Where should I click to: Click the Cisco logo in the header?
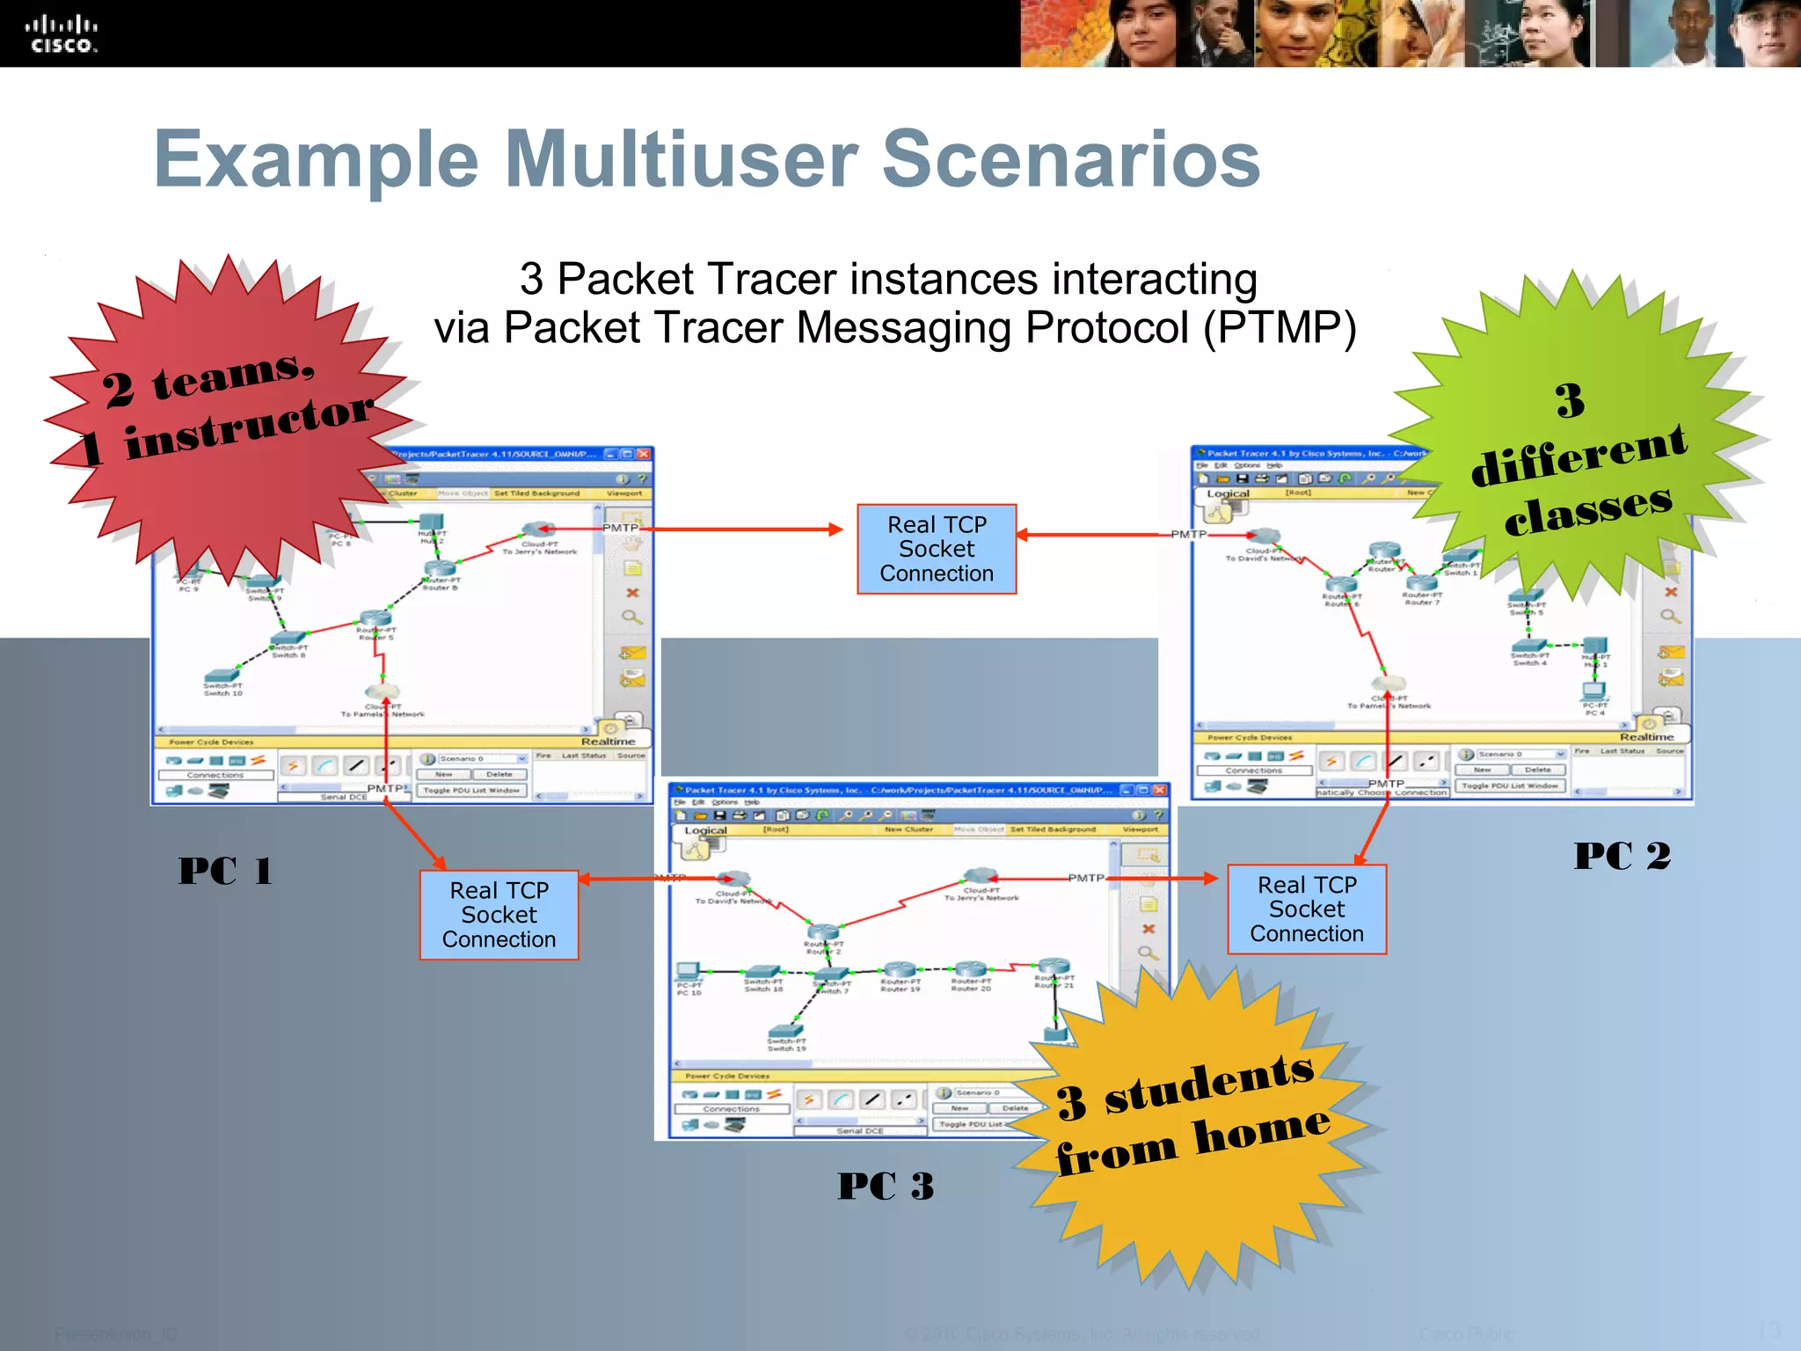click(x=61, y=34)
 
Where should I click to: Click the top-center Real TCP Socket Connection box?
click(x=937, y=549)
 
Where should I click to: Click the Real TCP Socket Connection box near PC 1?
click(x=499, y=915)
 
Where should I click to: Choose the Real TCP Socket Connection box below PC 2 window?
click(x=1307, y=909)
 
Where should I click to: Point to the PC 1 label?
click(x=225, y=871)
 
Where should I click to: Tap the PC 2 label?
click(x=1622, y=855)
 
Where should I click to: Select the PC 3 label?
click(x=886, y=1186)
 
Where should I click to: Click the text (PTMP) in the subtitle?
click(x=1280, y=328)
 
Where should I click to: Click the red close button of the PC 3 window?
click(x=1160, y=790)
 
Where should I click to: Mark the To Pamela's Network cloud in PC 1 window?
click(x=383, y=692)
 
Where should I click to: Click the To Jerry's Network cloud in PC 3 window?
click(x=980, y=876)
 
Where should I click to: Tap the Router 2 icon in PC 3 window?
click(x=824, y=932)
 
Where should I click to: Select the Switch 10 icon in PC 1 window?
click(x=222, y=675)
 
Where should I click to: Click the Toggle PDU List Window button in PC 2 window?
click(x=1510, y=785)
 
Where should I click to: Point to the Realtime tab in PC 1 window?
click(x=608, y=741)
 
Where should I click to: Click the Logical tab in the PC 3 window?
click(x=705, y=830)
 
